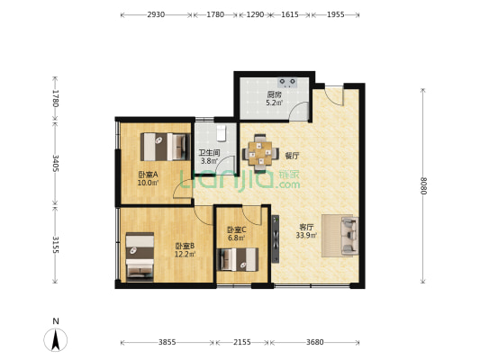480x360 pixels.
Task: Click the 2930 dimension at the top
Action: (x=156, y=14)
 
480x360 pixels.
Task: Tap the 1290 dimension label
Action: (x=255, y=14)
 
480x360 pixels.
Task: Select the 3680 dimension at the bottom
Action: (x=314, y=342)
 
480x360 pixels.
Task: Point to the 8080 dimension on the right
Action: (x=423, y=186)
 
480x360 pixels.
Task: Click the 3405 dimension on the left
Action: (x=56, y=163)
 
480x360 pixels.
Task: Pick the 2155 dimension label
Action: (x=242, y=342)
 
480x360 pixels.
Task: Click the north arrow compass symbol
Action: (x=56, y=339)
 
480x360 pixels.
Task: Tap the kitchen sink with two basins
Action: (x=288, y=82)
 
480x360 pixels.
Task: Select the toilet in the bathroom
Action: (x=221, y=133)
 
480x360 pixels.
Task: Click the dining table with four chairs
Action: (x=260, y=154)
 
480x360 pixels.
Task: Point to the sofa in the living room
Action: (x=349, y=236)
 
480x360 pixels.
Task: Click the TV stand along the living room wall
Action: (x=276, y=238)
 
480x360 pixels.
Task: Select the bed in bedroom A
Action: (x=166, y=147)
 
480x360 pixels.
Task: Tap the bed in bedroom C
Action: (x=238, y=260)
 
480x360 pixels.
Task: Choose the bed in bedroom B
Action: (x=140, y=256)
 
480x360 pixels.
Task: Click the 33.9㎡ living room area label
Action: (x=306, y=235)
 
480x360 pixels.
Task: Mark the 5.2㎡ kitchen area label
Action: (x=275, y=103)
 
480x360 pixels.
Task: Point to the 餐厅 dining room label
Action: (x=292, y=156)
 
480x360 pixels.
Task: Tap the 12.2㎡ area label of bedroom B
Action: (x=185, y=254)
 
